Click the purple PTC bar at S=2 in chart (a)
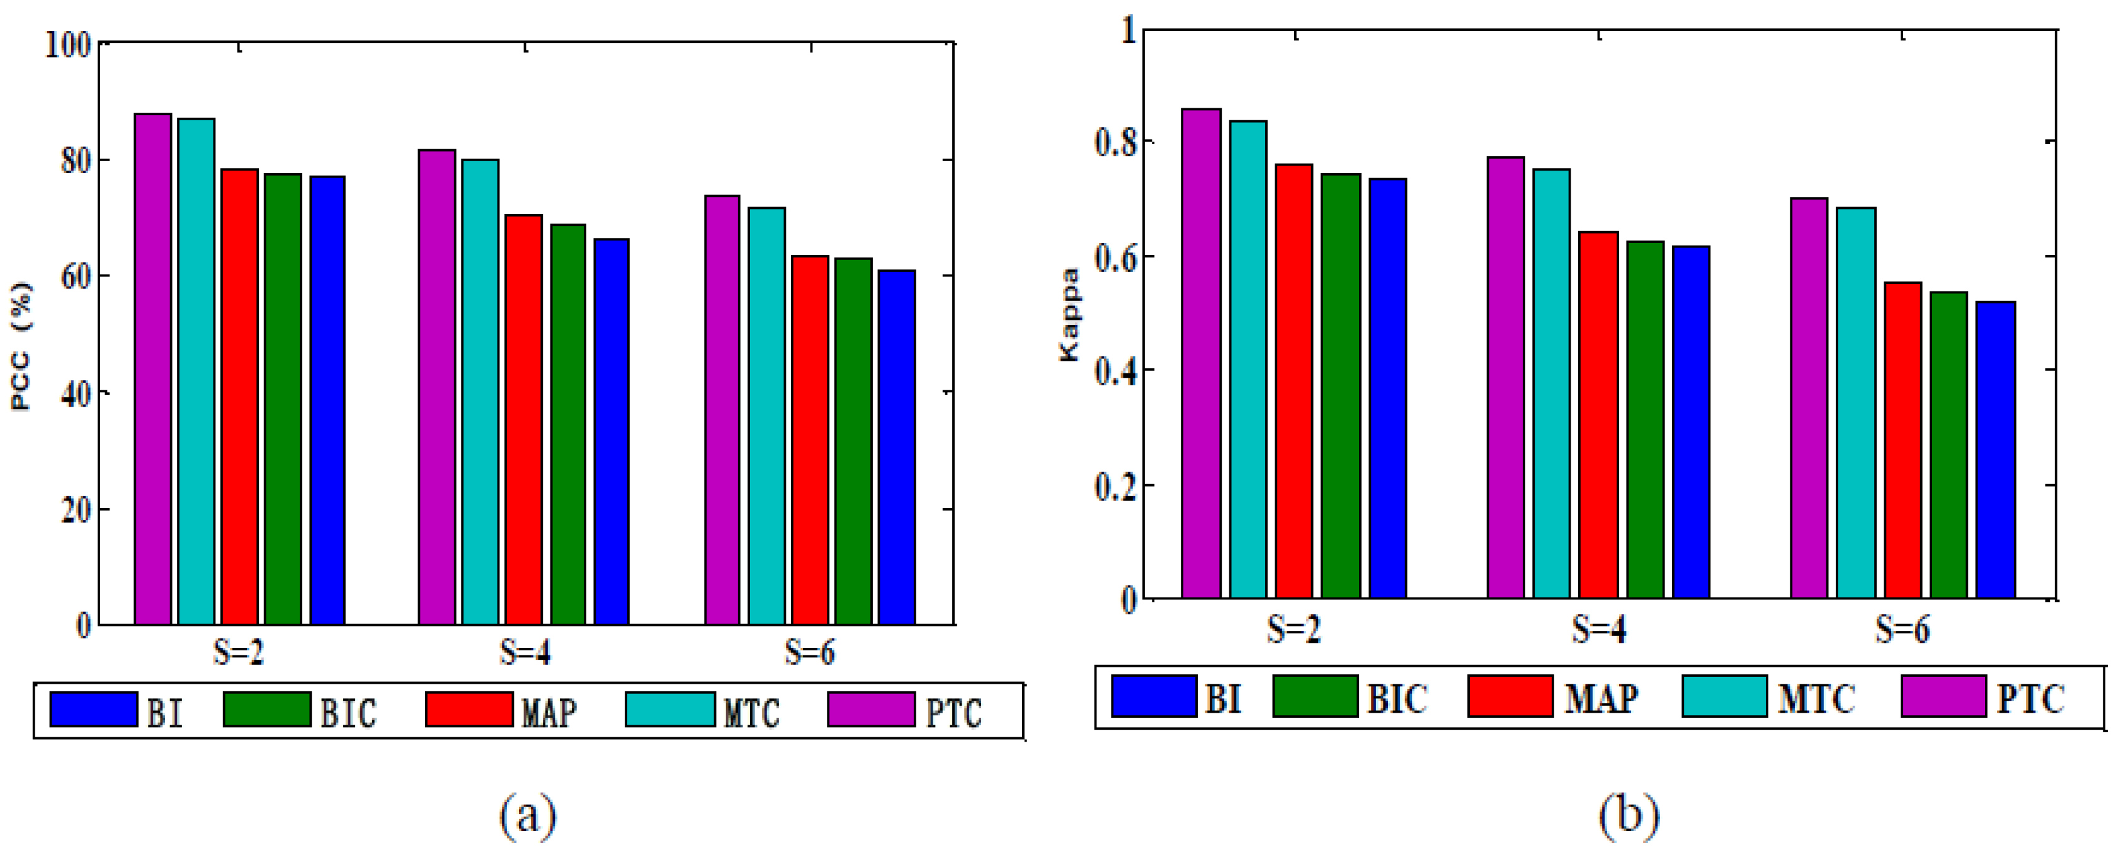click(153, 370)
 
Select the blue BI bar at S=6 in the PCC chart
click(897, 448)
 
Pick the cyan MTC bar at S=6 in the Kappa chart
click(1856, 402)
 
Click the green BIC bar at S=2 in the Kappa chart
click(1341, 386)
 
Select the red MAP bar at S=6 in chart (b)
click(1903, 439)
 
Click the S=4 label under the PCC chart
click(525, 653)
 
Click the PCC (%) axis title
click(21, 345)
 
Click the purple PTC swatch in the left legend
click(871, 710)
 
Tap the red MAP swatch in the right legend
click(1510, 696)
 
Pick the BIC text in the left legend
click(348, 713)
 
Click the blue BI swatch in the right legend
click(1153, 696)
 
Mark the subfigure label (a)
click(527, 815)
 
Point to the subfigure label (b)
click(1628, 815)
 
